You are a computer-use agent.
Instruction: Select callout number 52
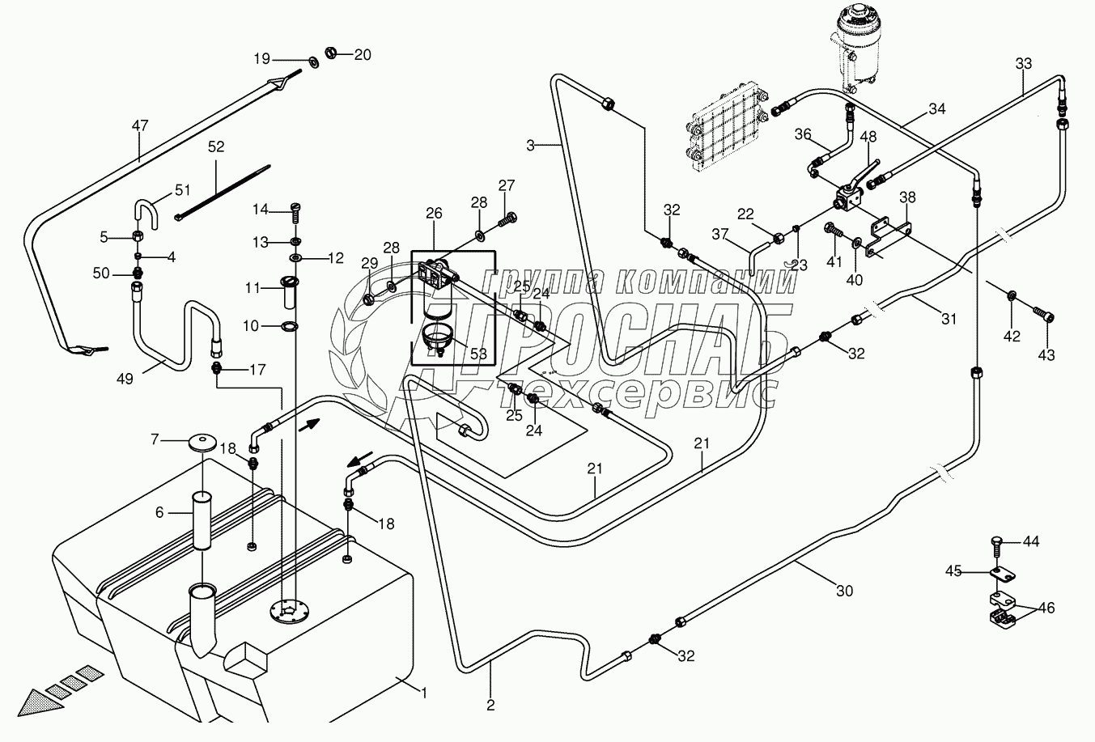(x=216, y=147)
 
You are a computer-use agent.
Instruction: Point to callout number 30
(x=844, y=591)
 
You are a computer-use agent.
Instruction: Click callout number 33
(x=1023, y=64)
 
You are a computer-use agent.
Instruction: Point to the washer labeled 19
(x=312, y=61)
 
